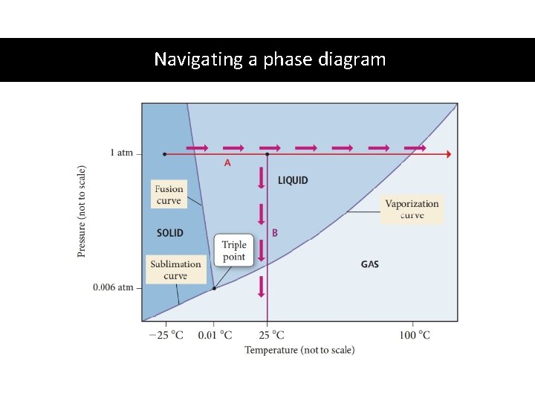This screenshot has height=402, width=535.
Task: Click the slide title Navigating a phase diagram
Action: click(x=270, y=59)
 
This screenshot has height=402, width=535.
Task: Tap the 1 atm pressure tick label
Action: click(x=121, y=153)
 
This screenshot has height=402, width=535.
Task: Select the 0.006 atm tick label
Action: click(x=114, y=287)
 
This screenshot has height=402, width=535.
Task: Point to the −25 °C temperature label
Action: click(x=166, y=335)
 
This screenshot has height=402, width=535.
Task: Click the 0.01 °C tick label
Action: click(x=215, y=335)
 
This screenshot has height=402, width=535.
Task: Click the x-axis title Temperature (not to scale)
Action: click(x=299, y=350)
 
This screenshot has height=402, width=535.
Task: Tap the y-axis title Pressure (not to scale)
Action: click(x=82, y=211)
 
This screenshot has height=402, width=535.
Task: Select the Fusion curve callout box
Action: click(x=169, y=195)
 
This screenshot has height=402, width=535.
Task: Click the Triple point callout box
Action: click(x=234, y=251)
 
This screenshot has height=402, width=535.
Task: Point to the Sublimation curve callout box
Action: click(x=175, y=269)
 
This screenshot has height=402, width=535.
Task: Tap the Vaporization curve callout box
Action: click(x=412, y=209)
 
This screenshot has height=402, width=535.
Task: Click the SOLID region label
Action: click(x=170, y=233)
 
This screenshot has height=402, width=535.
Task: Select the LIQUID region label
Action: click(x=293, y=180)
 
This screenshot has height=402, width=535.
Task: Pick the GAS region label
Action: click(x=369, y=264)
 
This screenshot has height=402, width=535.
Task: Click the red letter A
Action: click(x=227, y=162)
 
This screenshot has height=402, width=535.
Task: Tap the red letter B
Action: click(x=274, y=232)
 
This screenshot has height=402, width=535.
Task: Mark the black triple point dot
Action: click(x=214, y=288)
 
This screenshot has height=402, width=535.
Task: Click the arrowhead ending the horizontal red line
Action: click(x=447, y=154)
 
